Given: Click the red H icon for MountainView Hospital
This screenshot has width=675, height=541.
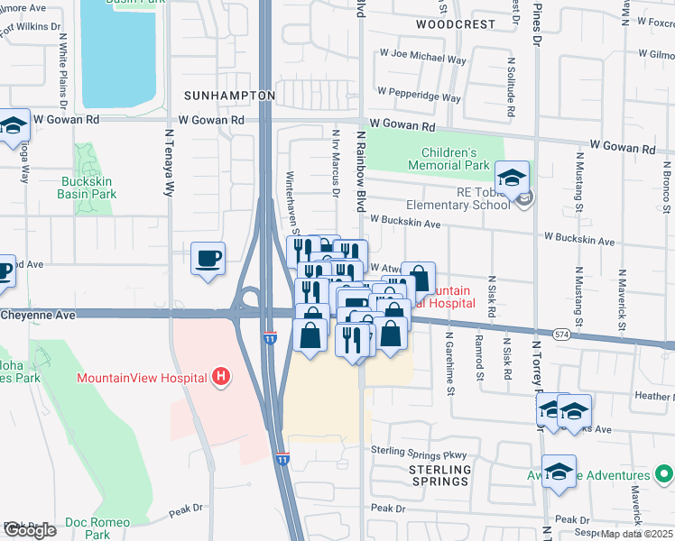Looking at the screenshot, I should coord(218,377).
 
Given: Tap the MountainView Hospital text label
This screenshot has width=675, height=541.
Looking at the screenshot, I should coord(142,378).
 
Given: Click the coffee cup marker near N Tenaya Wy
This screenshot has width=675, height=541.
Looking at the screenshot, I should coord(208,260).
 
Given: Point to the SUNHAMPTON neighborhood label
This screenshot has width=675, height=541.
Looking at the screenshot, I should coord(229,95).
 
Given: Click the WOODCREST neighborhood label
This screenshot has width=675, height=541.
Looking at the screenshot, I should coord(456,24).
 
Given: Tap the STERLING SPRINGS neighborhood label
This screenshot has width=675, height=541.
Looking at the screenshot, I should coord(440,475).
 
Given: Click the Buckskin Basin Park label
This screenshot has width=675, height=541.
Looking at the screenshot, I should coord(87,188).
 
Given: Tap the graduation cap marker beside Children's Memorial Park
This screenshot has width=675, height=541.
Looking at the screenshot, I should coord(512,179).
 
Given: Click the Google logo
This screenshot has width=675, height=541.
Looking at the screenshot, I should coord(29,530).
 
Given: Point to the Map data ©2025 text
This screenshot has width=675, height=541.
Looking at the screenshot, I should coord(637,534).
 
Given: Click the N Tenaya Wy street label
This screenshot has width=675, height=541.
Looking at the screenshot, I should coord(168,162).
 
